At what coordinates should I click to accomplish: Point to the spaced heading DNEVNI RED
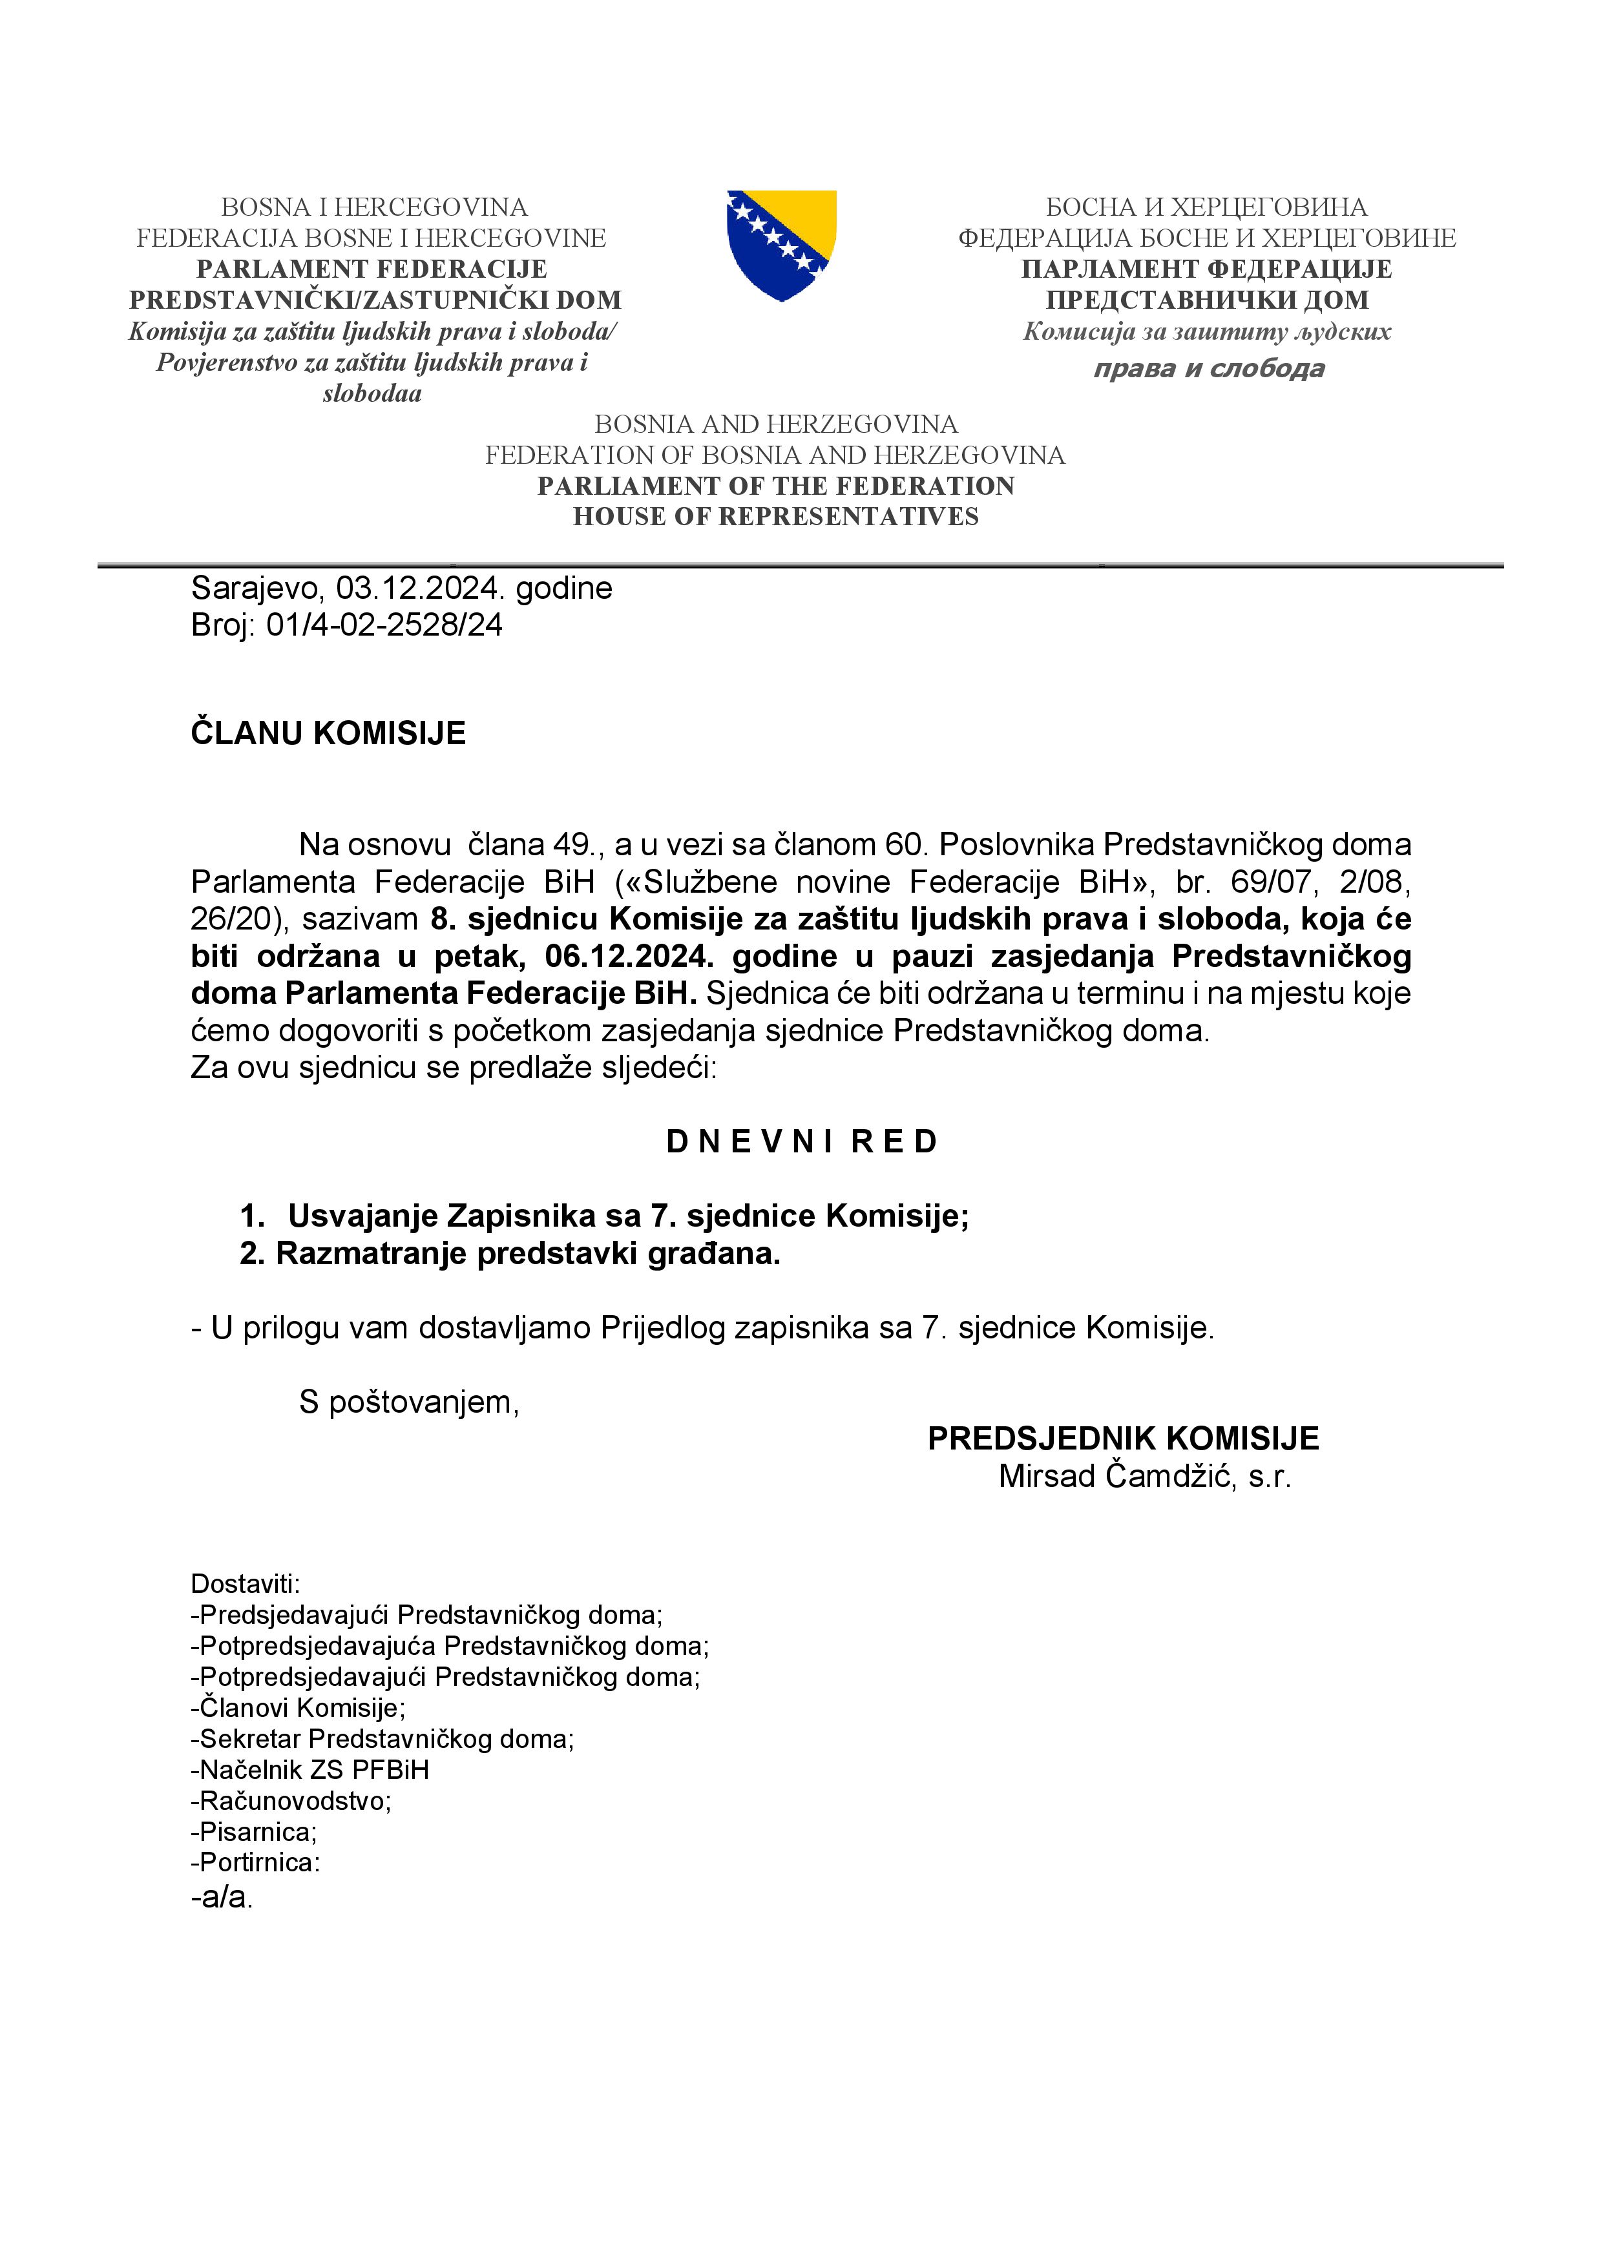tap(801, 1142)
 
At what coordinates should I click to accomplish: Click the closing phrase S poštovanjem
tap(408, 1402)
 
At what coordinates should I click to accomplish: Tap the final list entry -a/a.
tap(222, 1897)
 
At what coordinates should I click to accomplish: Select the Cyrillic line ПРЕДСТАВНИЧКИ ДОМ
tap(1207, 300)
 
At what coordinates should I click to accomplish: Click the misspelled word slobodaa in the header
tap(372, 394)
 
